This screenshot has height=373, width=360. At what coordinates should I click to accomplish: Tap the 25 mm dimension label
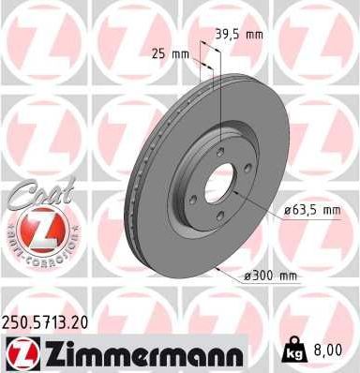click(169, 53)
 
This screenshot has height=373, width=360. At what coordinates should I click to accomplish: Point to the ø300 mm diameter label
click(270, 275)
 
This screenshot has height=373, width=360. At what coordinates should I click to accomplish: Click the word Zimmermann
click(142, 352)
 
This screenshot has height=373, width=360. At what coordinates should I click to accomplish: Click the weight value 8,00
click(326, 351)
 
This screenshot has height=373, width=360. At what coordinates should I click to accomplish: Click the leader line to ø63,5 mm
click(258, 201)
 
